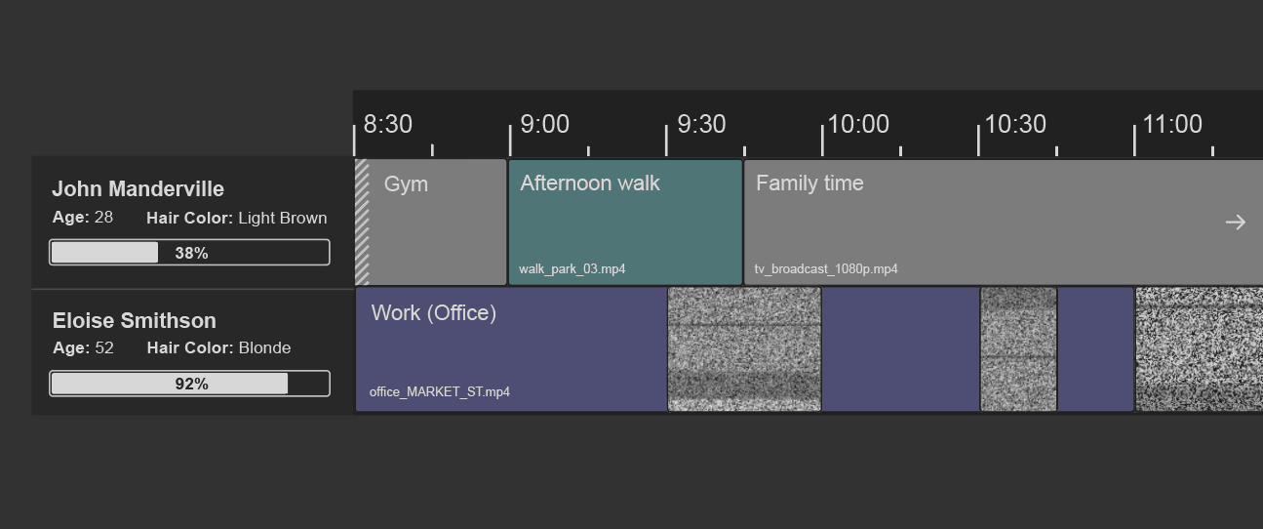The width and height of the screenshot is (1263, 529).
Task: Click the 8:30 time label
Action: (x=388, y=125)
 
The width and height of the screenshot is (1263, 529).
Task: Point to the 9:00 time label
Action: (x=544, y=125)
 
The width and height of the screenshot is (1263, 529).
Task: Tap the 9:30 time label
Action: (x=701, y=125)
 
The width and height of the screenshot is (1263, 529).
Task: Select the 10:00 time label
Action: (x=858, y=125)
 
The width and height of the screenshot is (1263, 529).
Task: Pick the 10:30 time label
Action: (x=1015, y=125)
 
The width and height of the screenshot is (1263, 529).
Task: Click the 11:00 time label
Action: (x=1172, y=125)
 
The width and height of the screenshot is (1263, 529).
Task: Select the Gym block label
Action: (x=406, y=184)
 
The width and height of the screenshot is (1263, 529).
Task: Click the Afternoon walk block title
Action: (x=590, y=183)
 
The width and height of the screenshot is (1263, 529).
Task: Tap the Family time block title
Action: (x=809, y=183)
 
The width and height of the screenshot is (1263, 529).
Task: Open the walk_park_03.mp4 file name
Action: (x=572, y=268)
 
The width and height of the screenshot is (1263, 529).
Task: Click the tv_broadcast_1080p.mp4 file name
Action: (x=826, y=268)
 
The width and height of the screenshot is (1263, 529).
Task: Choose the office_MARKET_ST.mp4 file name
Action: (x=440, y=392)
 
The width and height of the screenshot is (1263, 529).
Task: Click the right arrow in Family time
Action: (x=1236, y=223)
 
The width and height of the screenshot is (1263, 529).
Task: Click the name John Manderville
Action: (x=138, y=189)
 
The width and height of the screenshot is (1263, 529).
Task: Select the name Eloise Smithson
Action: (x=135, y=321)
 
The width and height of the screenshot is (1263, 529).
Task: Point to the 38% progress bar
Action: (x=189, y=253)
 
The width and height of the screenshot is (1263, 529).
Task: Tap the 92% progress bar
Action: (x=189, y=384)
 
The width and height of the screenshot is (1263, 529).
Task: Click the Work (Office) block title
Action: (x=434, y=313)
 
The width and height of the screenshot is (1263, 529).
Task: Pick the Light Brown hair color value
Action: (x=282, y=219)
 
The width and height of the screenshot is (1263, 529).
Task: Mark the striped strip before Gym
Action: (x=362, y=223)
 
